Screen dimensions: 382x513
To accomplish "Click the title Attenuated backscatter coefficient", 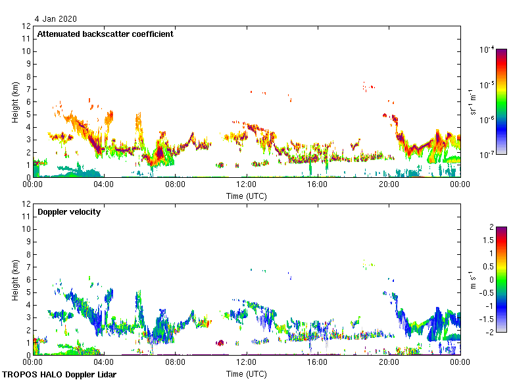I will (105, 34).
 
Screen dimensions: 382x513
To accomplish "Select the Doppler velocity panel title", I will (68, 212).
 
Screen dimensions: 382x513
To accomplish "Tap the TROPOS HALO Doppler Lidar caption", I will (59, 375).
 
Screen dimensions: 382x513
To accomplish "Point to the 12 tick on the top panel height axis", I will (27, 26).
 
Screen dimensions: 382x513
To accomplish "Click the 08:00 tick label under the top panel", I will (176, 185).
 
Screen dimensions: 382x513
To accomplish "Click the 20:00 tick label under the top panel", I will (389, 185).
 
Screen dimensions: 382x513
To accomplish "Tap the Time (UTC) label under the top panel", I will (247, 196).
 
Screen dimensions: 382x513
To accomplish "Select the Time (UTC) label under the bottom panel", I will (247, 373).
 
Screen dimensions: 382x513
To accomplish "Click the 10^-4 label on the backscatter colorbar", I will (487, 50).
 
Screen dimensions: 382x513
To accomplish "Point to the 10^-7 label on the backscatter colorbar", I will (487, 155).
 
